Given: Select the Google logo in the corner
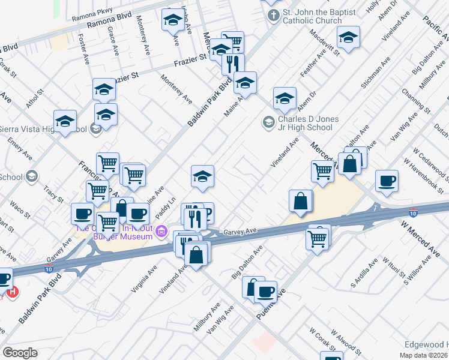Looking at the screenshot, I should pyautogui.click(x=20, y=353).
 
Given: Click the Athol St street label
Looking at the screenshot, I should pyautogui.click(x=35, y=101).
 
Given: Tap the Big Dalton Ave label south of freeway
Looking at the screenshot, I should pyautogui.click(x=247, y=262).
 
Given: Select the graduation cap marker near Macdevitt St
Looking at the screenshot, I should pyautogui.click(x=348, y=38).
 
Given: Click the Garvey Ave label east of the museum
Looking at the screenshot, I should pyautogui.click(x=240, y=231).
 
